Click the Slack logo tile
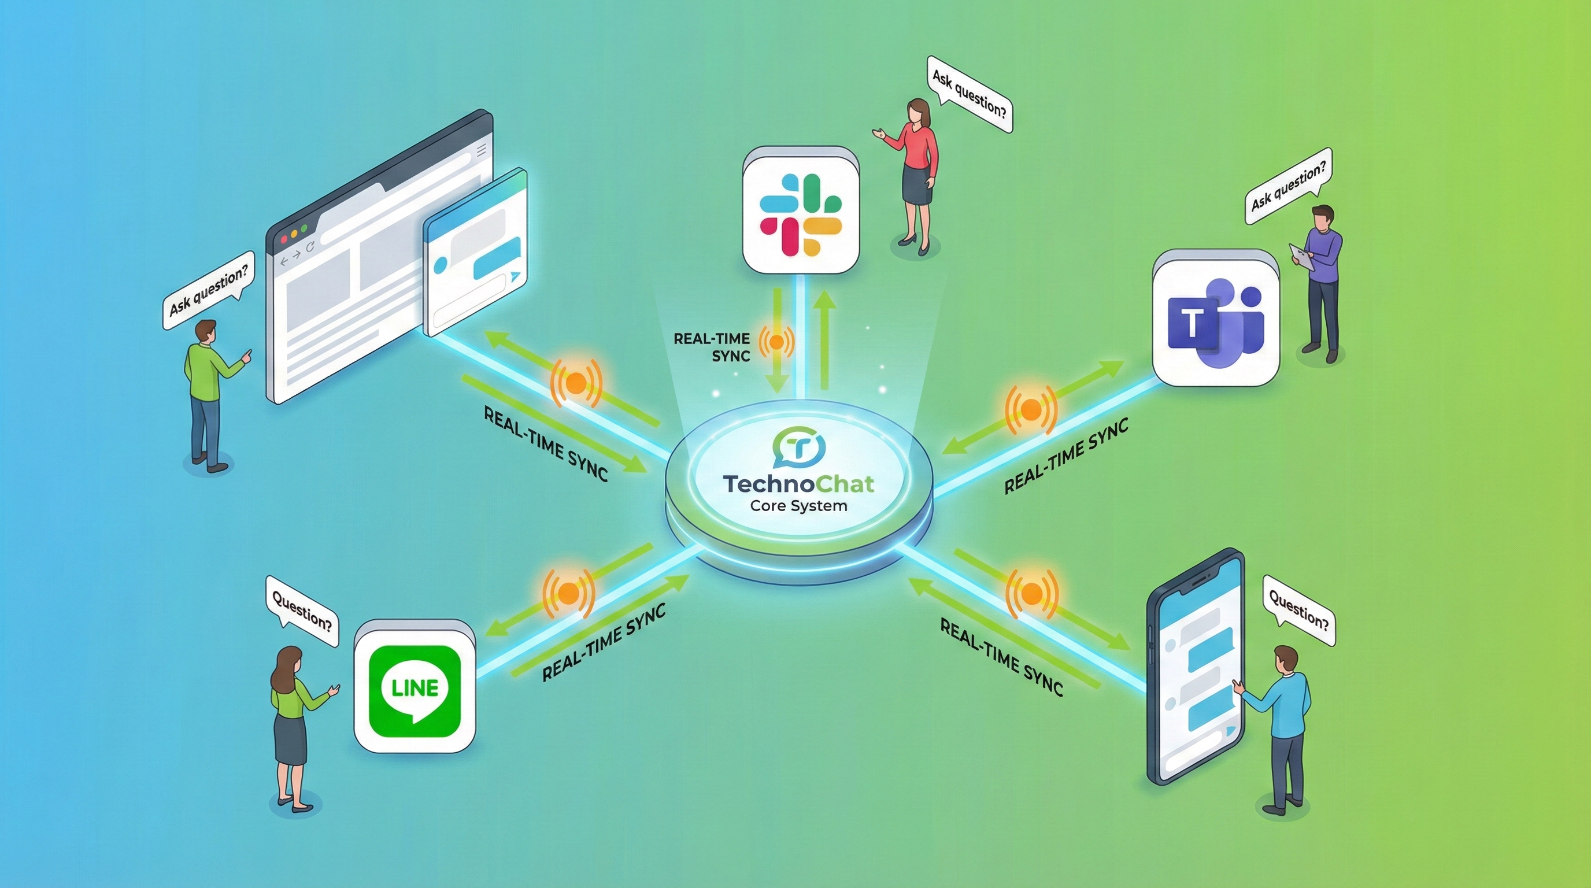(801, 210)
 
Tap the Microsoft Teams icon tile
(1215, 319)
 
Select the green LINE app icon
(415, 691)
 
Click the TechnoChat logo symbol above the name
(798, 446)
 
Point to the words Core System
(798, 506)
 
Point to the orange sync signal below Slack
(777, 342)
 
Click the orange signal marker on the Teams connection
(1030, 409)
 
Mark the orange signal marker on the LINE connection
(568, 593)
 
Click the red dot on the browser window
(284, 239)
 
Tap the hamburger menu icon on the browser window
(482, 149)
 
